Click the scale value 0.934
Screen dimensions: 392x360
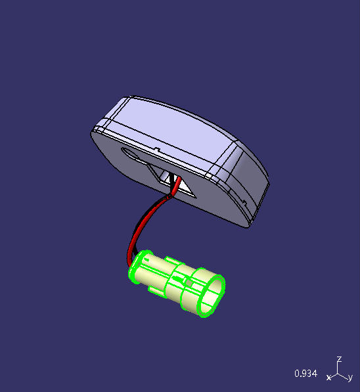point(305,374)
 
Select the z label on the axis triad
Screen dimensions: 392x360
point(338,359)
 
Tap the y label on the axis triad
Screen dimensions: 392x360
point(351,378)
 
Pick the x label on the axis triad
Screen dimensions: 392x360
point(328,378)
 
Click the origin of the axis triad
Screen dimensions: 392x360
point(338,374)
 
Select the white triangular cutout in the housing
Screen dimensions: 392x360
point(187,191)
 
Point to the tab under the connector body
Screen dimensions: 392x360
point(157,290)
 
